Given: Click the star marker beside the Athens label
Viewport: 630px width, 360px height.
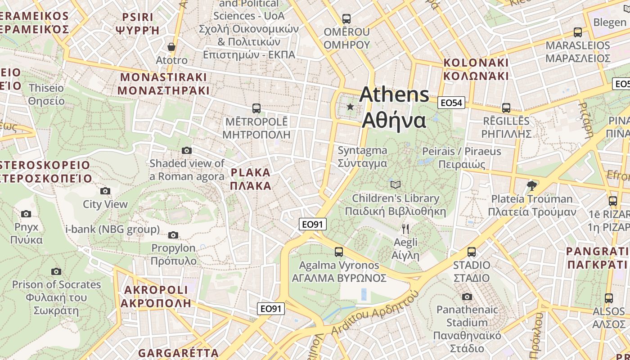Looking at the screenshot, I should click(350, 107).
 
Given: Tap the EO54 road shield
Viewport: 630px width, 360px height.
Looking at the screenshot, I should click(451, 103).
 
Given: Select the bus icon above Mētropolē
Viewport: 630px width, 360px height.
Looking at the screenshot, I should click(256, 108).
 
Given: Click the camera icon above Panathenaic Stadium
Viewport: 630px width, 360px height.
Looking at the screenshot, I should click(467, 297).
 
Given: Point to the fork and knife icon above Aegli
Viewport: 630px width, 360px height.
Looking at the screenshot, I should click(405, 229).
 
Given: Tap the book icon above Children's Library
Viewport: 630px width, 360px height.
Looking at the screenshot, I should click(396, 184).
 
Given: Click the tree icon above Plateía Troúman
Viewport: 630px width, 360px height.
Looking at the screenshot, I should click(532, 185).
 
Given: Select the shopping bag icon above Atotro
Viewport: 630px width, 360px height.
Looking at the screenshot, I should click(171, 47).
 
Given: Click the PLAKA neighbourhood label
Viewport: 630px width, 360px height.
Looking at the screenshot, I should click(251, 179).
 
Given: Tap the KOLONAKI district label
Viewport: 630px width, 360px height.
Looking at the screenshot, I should click(476, 69).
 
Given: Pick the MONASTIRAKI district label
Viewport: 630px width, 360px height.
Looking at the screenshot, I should click(163, 84).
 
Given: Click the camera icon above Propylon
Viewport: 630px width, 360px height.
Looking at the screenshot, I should click(173, 235).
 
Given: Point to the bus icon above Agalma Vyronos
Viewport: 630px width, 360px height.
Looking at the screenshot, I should click(339, 252).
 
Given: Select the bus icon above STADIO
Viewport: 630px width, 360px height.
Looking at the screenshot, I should click(472, 252).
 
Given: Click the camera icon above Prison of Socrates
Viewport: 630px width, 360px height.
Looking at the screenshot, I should click(56, 271).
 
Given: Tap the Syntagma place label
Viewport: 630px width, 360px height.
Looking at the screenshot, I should click(362, 156).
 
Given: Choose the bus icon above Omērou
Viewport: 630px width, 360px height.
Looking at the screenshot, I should click(346, 19).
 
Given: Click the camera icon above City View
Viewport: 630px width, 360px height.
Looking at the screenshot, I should click(105, 191).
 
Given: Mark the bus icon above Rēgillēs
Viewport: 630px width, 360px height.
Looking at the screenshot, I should click(506, 108).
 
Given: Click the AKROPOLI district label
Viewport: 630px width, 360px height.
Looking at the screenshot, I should click(156, 296).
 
